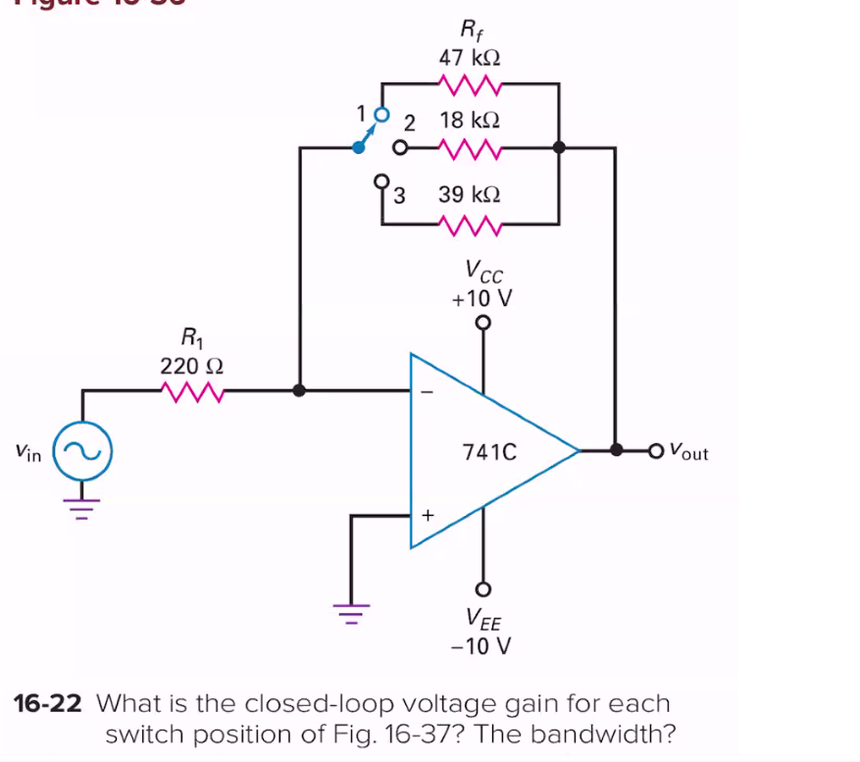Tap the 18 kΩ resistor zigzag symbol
tap(471, 148)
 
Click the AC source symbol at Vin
tap(82, 453)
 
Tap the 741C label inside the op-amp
tap(487, 453)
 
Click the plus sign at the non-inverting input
tap(427, 514)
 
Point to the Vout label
tap(687, 452)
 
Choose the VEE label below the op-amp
tap(482, 619)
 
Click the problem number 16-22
tap(50, 704)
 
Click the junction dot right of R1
tap(299, 390)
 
